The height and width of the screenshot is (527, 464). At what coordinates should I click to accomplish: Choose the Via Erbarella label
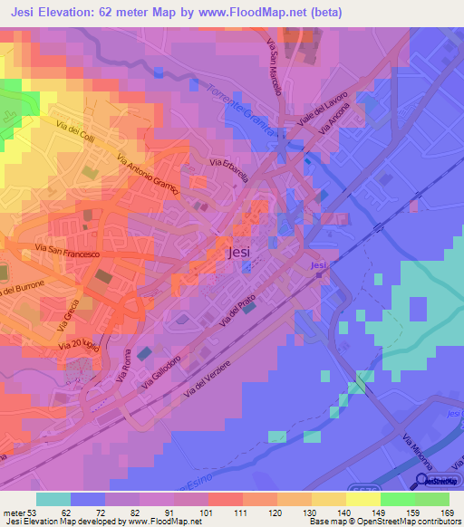click(x=229, y=171)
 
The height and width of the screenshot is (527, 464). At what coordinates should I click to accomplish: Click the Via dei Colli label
click(x=75, y=134)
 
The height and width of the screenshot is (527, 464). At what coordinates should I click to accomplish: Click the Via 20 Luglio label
click(x=78, y=344)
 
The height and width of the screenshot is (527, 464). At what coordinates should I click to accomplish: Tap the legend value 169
click(x=447, y=513)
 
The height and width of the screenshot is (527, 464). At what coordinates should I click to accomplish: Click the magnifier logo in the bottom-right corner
click(x=422, y=483)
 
